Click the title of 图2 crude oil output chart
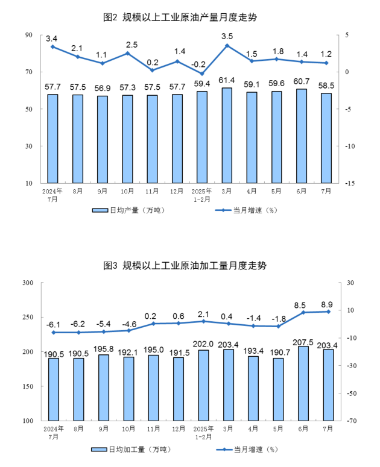tap(180, 17)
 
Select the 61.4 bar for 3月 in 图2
tap(227, 135)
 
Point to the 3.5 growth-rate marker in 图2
tap(227, 46)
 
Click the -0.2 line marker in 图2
tap(202, 74)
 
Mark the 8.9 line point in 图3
tap(329, 312)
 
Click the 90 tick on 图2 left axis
tap(29, 35)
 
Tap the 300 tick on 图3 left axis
tap(27, 283)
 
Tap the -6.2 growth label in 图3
tap(78, 323)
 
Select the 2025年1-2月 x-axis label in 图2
tap(202, 194)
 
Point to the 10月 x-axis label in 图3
tap(128, 429)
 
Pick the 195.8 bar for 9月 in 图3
tap(103, 387)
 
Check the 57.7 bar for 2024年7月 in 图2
tap(53, 138)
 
